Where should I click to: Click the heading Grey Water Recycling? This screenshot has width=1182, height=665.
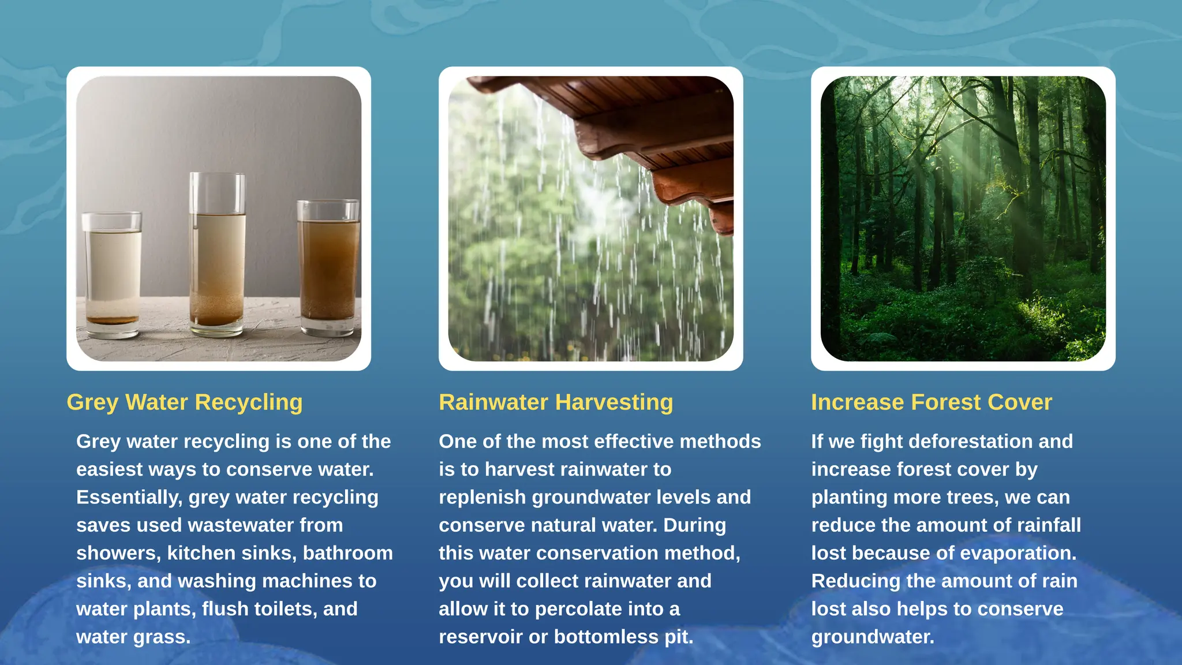[184, 402]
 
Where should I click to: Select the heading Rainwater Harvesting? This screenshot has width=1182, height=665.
[555, 402]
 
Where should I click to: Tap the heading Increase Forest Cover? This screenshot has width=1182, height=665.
[931, 402]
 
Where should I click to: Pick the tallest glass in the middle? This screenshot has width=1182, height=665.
[217, 254]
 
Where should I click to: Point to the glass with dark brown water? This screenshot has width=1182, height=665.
[327, 268]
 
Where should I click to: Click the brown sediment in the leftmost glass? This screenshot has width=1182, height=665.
[112, 320]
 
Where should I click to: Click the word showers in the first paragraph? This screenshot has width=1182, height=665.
[118, 554]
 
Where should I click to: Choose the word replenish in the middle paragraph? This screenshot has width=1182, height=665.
[482, 498]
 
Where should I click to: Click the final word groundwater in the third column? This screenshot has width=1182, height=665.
[872, 637]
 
